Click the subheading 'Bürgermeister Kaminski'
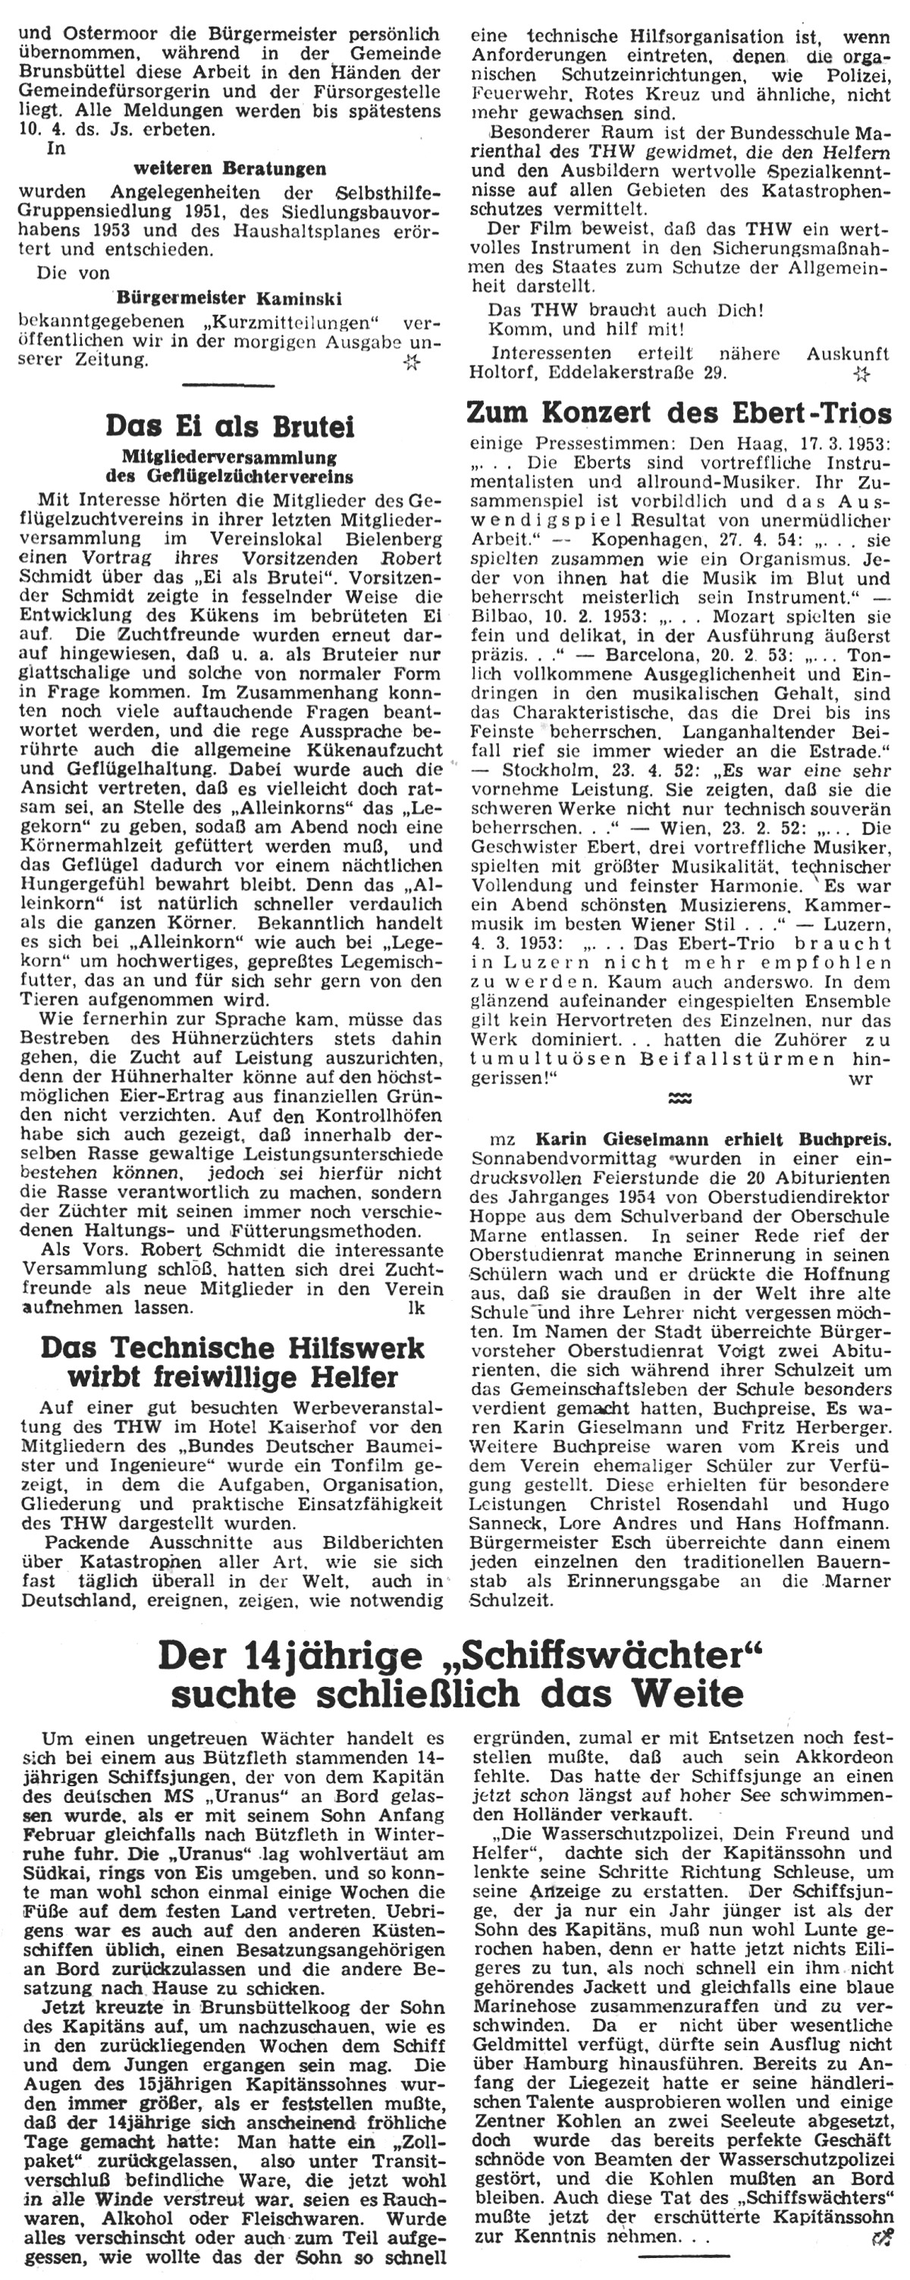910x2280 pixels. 227,297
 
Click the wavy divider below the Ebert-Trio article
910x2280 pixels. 679,1100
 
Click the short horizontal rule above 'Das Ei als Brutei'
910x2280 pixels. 229,386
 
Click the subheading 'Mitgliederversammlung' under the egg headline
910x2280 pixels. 229,457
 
